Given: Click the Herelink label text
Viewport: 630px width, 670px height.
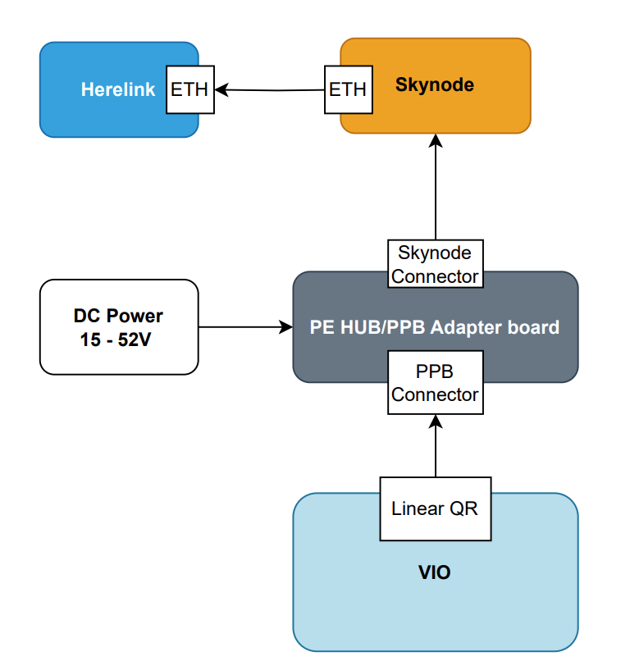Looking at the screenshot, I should [117, 89].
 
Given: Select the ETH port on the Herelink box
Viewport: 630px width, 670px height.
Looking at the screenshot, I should [189, 89].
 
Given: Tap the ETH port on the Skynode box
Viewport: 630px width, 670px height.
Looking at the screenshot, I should [347, 89].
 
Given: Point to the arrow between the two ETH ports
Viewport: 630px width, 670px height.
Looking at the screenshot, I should [271, 89].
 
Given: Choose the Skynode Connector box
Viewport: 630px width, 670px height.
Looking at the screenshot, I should [435, 264].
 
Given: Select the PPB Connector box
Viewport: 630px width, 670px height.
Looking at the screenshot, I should [435, 383].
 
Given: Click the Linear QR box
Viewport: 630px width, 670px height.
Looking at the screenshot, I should [435, 508].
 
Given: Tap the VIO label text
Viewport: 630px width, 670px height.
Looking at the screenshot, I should [435, 572].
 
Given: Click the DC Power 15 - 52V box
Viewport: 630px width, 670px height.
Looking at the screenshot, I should [119, 327].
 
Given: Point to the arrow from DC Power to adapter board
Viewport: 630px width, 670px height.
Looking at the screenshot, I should [246, 327].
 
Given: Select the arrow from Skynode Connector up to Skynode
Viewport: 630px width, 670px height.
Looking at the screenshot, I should [436, 189].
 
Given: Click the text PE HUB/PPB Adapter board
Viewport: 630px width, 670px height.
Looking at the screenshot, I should [435, 327].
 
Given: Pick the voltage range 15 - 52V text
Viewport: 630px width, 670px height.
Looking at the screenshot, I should [116, 340].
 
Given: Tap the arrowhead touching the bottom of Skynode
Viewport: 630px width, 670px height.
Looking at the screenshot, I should [436, 140].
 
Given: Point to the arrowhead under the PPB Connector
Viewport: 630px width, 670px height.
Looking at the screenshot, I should [436, 423].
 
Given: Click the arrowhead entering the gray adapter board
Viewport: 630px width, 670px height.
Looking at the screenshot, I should [286, 327].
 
